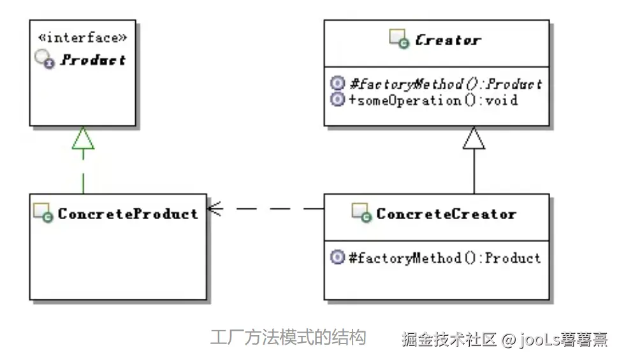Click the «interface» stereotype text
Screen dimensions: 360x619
83,38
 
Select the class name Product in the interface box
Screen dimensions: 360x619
94,61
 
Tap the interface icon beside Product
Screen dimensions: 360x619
45,61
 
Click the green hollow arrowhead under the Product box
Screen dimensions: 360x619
83,138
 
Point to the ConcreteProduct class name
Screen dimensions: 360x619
128,213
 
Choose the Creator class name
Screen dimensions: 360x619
447,41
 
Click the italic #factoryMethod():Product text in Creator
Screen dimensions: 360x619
446,84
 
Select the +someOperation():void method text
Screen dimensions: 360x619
433,100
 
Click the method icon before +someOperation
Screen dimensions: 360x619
338,100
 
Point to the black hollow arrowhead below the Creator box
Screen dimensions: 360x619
474,138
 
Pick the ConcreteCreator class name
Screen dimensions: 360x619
446,213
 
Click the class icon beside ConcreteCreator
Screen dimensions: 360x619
362,213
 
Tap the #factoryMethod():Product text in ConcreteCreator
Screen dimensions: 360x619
445,257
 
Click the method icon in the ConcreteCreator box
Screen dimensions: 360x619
338,257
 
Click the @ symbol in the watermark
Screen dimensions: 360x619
507,339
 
